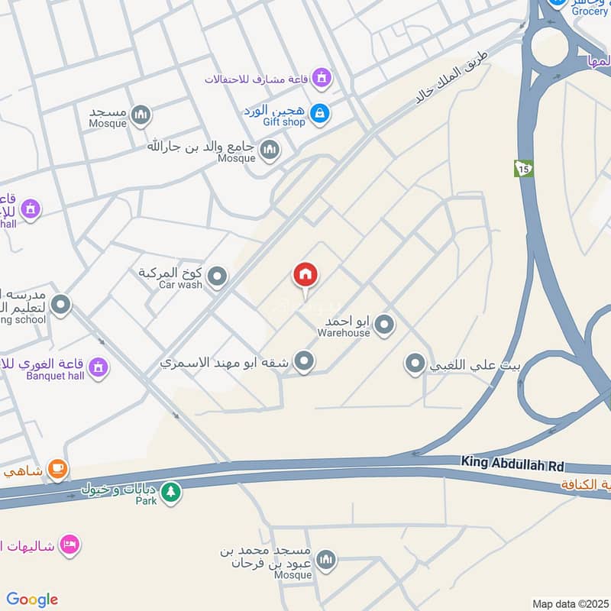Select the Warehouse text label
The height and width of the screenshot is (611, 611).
[344, 332]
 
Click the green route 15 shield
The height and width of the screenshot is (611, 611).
[523, 168]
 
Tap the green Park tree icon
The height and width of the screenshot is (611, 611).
[171, 493]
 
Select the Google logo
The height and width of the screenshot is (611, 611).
[32, 600]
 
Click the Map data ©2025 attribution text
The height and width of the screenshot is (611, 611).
[570, 603]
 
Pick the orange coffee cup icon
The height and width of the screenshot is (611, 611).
[57, 467]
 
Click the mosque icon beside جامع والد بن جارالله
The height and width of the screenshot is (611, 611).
[269, 150]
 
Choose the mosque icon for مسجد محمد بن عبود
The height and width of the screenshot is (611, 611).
[326, 561]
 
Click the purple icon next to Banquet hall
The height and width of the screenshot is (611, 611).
[98, 368]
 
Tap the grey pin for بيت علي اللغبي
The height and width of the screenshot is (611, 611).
[415, 364]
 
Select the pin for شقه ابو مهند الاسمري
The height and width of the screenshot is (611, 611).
[305, 361]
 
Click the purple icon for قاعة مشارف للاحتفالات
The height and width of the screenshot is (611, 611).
[323, 77]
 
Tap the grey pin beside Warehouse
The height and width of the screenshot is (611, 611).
[384, 325]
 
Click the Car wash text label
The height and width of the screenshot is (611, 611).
[180, 285]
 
